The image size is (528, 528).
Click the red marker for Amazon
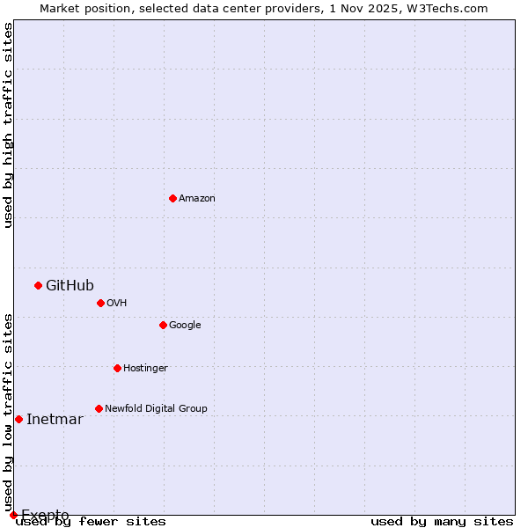(172, 198)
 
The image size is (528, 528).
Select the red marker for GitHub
(38, 285)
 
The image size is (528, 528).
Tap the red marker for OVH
(100, 303)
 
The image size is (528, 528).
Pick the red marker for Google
(163, 325)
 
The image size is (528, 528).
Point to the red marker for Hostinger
(117, 368)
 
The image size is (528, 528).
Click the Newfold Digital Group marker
(99, 408)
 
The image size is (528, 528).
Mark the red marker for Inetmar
(18, 419)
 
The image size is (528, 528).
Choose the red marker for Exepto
(13, 515)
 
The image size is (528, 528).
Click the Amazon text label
(197, 199)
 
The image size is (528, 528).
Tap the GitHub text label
(70, 285)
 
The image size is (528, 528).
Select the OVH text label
(117, 304)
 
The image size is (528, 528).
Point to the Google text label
(185, 326)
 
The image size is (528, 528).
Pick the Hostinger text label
(145, 369)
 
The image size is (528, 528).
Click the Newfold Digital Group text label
(156, 409)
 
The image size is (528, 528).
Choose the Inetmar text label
(55, 419)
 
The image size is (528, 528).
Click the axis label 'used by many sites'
(442, 522)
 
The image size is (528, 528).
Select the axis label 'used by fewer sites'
(91, 522)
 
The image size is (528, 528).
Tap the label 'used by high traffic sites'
(8, 125)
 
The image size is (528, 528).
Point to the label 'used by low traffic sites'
(8, 412)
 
